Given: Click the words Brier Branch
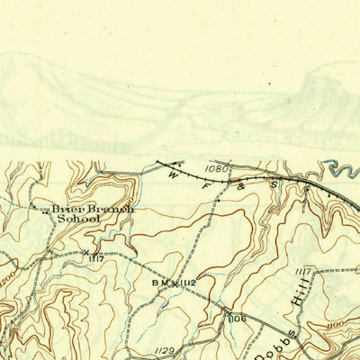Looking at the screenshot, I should click(92, 208).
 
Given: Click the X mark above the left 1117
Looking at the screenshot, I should click(86, 253).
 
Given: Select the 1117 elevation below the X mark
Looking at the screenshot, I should click(97, 260).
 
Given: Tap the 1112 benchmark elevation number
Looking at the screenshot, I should click(187, 283).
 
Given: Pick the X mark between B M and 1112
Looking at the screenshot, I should click(173, 283).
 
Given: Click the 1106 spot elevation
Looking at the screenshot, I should click(236, 319).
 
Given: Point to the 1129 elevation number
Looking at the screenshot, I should click(165, 350).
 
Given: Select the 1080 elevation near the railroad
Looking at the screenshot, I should click(216, 167).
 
